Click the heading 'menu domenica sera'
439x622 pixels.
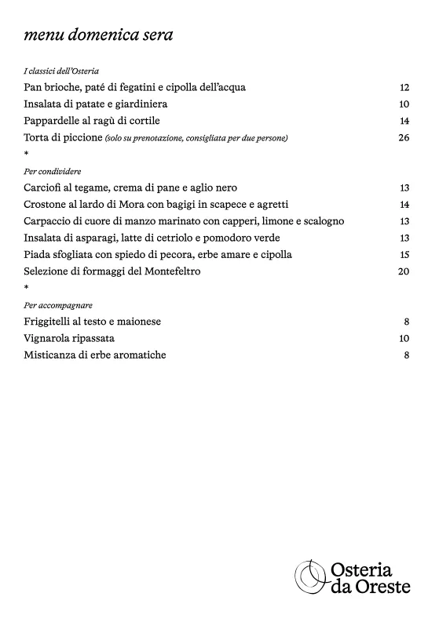coord(99,35)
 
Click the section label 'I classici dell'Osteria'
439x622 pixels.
coord(61,71)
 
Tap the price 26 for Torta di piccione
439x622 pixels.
coord(404,138)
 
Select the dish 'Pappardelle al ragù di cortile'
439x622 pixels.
coord(97,121)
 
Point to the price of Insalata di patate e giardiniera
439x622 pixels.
coord(404,104)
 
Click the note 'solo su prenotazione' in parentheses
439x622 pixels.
coord(196,139)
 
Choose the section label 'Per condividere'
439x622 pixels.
coord(53,171)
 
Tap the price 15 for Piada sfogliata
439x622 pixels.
coord(404,255)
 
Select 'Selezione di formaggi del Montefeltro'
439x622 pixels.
coord(112,271)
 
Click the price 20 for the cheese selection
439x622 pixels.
coord(404,271)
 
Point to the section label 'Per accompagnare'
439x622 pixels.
coord(58,305)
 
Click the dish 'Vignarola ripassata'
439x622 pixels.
coord(69,338)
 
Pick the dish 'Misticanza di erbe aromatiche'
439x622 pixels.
coord(95,355)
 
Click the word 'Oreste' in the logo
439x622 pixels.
coord(382,587)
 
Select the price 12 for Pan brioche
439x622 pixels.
coord(404,88)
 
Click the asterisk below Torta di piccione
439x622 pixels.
coord(27,155)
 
